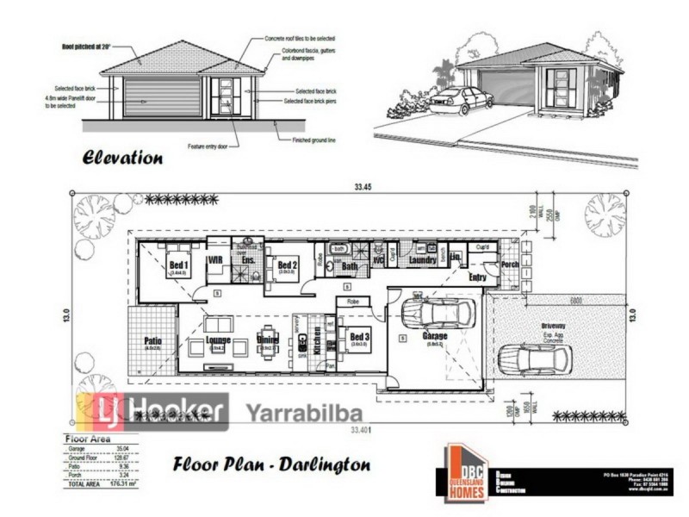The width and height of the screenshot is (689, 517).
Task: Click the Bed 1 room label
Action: pyautogui.click(x=179, y=264)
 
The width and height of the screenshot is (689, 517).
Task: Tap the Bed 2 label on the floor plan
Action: pyautogui.click(x=288, y=265)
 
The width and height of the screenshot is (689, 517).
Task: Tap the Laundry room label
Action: pyautogui.click(x=422, y=258)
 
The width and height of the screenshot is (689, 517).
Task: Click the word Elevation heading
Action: pyautogui.click(x=122, y=158)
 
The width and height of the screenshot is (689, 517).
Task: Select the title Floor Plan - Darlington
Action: pyautogui.click(x=271, y=464)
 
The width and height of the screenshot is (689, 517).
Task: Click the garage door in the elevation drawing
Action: pyautogui.click(x=163, y=97)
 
